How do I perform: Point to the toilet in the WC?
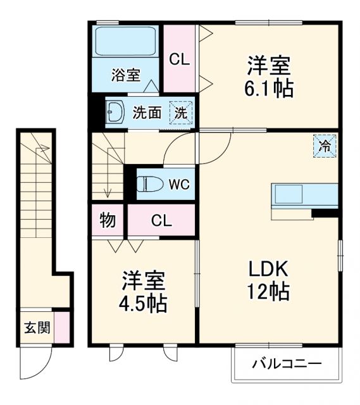pos(149,184)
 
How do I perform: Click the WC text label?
pos(179,184)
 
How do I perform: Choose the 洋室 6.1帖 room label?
pos(270,76)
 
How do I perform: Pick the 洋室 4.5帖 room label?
pos(144,292)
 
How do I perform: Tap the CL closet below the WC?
pos(161,221)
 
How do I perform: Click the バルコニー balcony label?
pos(287,364)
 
